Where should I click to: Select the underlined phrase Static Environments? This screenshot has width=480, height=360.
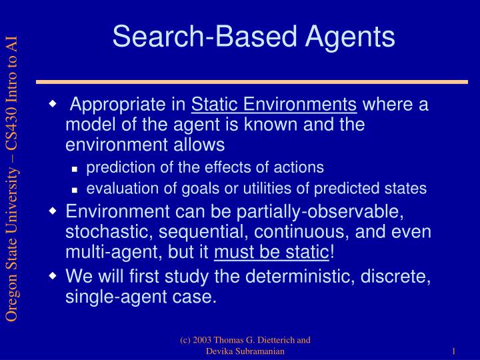(274, 105)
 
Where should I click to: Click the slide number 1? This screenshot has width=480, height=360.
(453, 351)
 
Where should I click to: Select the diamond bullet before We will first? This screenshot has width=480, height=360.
(54, 275)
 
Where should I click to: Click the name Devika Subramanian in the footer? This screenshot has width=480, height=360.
(245, 351)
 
